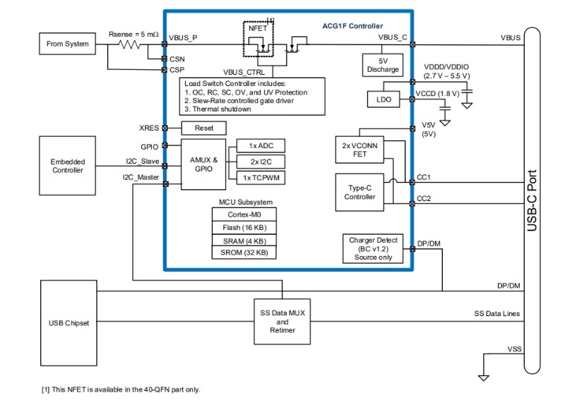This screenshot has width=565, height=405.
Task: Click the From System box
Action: (68, 44)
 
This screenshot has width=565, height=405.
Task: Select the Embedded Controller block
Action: (68, 166)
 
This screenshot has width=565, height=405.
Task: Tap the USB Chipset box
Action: (68, 323)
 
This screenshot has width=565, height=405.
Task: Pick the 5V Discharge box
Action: (383, 65)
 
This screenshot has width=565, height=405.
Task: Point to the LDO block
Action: (383, 100)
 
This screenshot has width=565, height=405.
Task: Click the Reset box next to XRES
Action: (204, 128)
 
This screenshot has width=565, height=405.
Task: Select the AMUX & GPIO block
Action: (204, 164)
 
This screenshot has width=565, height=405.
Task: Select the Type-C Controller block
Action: (359, 191)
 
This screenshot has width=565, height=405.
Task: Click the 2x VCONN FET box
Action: (359, 150)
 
